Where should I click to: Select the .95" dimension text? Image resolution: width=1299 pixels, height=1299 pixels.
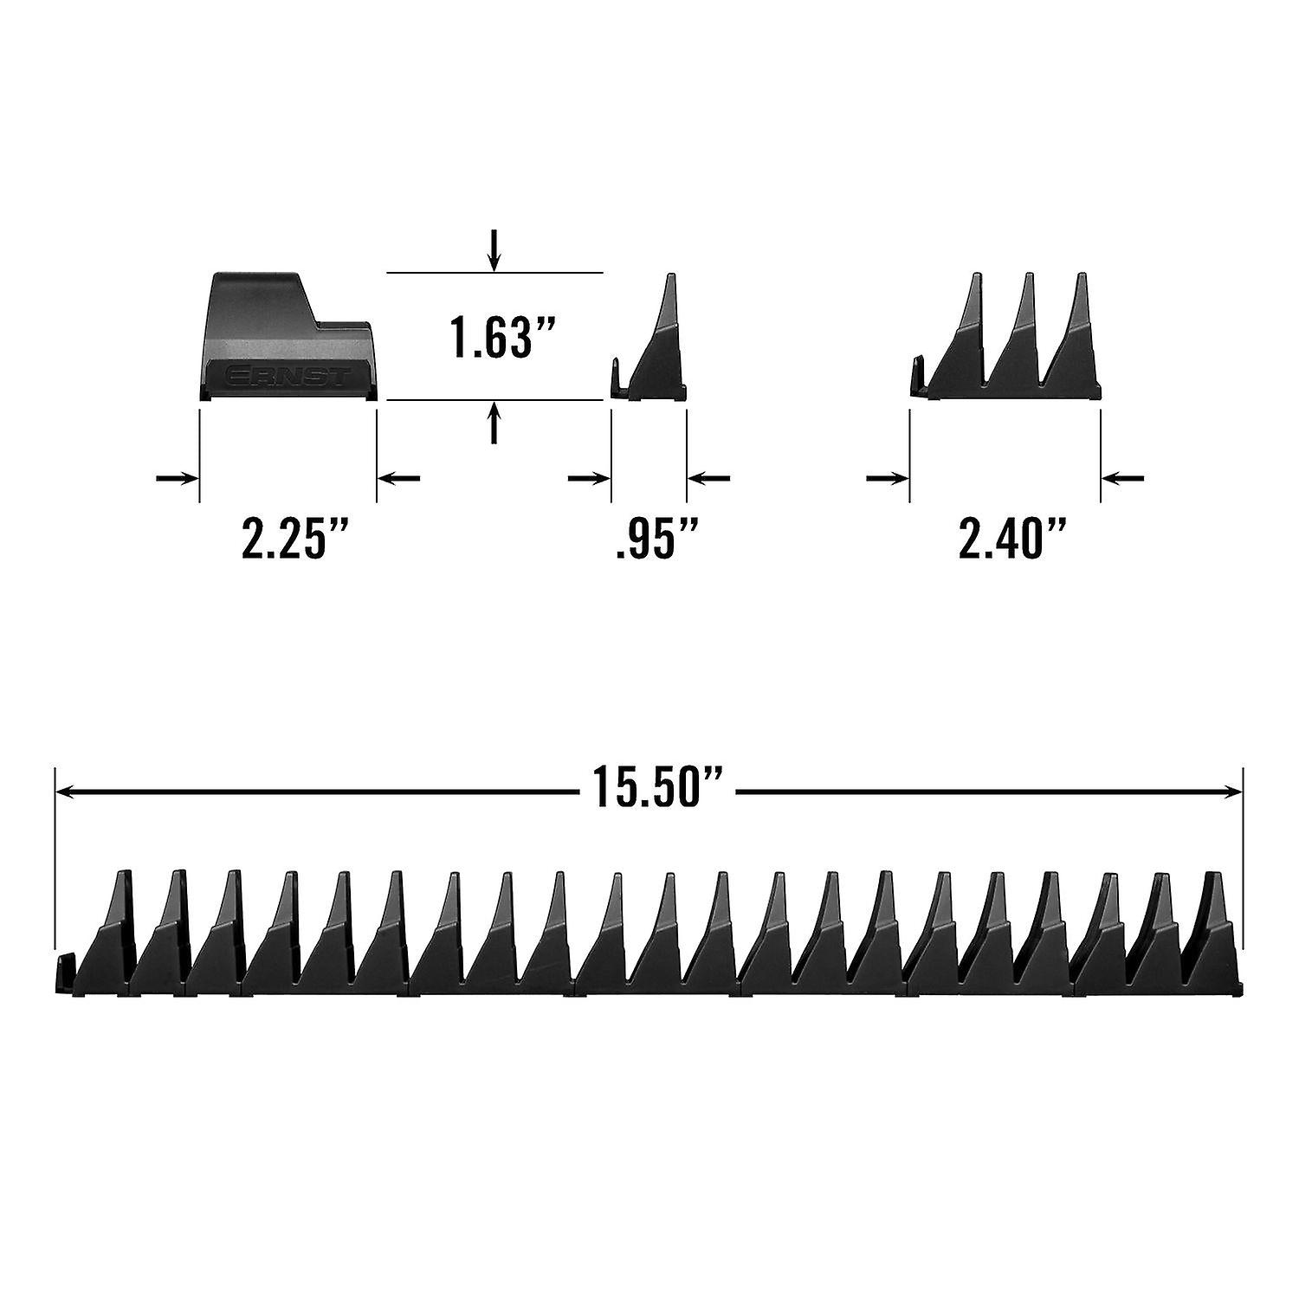pyautogui.click(x=656, y=539)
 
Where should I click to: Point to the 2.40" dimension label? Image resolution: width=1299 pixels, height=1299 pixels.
pyautogui.click(x=1011, y=539)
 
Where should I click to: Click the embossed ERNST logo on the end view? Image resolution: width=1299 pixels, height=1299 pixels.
pyautogui.click(x=288, y=377)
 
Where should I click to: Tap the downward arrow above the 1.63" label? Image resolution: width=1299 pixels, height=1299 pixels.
pyautogui.click(x=494, y=251)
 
